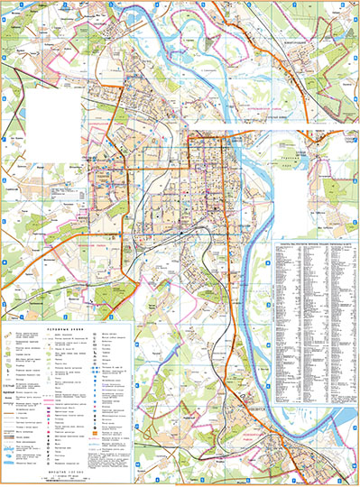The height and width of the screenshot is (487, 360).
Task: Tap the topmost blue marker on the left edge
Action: [4, 56]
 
